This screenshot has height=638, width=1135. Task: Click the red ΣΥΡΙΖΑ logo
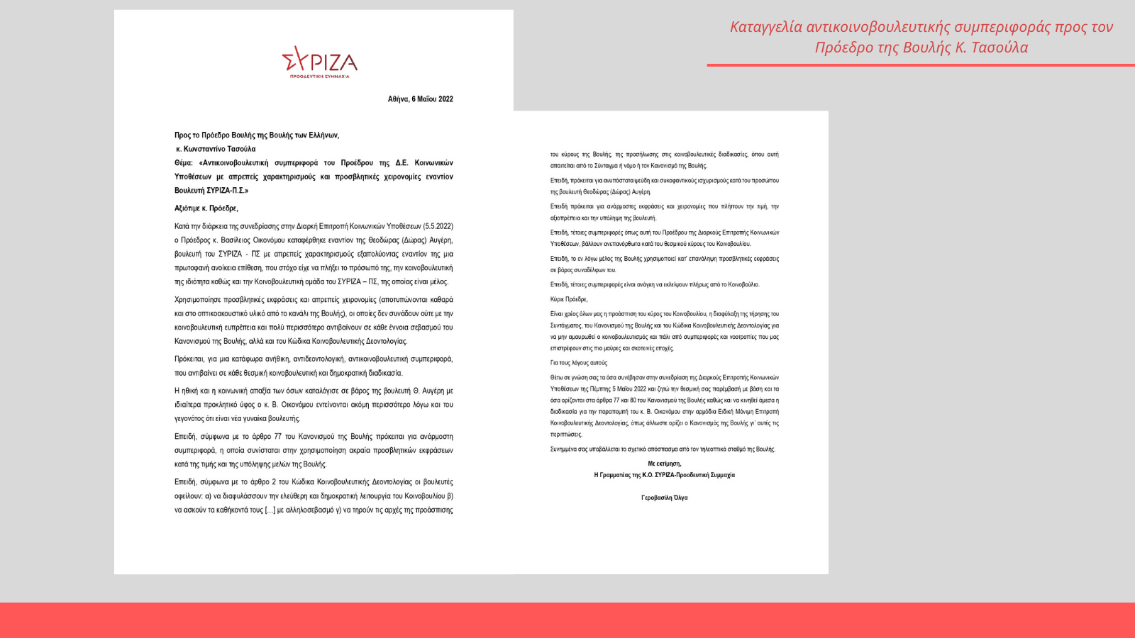[x=319, y=60]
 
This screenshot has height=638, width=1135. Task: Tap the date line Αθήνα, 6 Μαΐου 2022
[x=420, y=99]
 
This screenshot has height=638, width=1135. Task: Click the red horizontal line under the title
[x=920, y=65]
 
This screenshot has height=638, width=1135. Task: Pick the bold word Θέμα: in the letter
[x=184, y=163]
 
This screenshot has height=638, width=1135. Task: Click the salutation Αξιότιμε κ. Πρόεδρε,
[x=206, y=208]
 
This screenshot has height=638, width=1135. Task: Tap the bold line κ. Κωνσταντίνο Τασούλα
[x=216, y=149]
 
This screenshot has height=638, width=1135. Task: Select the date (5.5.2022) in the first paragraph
[x=438, y=226]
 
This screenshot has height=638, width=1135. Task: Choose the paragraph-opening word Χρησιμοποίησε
[x=197, y=300]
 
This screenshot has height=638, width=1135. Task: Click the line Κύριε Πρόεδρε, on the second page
[x=569, y=299]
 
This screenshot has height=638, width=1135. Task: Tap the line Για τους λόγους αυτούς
[x=578, y=363]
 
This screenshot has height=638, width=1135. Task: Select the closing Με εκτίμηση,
[x=664, y=464]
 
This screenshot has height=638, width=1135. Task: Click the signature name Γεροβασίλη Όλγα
[x=664, y=498]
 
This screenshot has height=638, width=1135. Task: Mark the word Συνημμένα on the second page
[x=563, y=449]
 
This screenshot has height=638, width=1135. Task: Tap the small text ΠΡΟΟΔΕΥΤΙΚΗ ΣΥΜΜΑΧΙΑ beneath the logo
[x=319, y=76]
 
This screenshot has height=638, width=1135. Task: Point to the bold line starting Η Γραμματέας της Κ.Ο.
[x=664, y=475]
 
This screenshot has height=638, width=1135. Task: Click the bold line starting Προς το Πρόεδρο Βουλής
[x=257, y=135]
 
